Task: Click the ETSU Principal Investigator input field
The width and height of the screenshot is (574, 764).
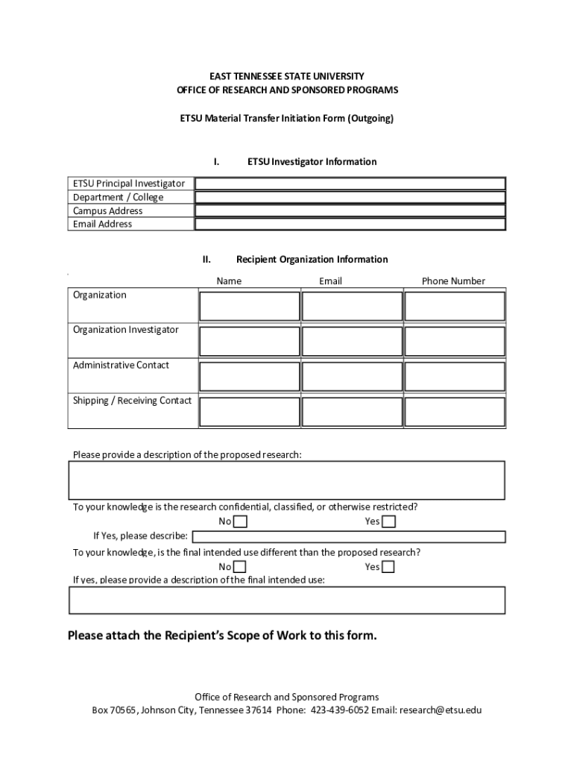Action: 350,184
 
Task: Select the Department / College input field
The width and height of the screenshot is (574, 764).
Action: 350,197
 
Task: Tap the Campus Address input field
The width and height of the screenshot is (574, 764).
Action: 350,210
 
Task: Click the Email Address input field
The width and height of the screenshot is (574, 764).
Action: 350,224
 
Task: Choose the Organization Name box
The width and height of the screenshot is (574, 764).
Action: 249,306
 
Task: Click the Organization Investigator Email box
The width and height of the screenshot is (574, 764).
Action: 352,341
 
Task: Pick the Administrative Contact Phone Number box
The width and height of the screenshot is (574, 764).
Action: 455,376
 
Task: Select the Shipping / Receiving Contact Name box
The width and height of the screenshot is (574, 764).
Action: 249,411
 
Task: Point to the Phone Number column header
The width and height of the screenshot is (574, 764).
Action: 453,281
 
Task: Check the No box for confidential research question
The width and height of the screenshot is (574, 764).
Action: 240,522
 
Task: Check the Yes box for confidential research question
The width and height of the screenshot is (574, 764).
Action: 388,522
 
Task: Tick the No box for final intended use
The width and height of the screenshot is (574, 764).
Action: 240,567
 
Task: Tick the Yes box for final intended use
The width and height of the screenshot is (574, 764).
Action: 388,567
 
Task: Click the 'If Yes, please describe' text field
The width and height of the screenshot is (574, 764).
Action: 349,536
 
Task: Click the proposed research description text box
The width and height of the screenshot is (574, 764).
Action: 287,480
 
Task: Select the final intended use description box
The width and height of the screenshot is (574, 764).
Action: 287,600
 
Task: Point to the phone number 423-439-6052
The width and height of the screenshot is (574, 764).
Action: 339,710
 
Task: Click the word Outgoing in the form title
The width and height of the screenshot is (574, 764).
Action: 369,119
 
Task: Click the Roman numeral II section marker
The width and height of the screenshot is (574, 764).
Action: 206,260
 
